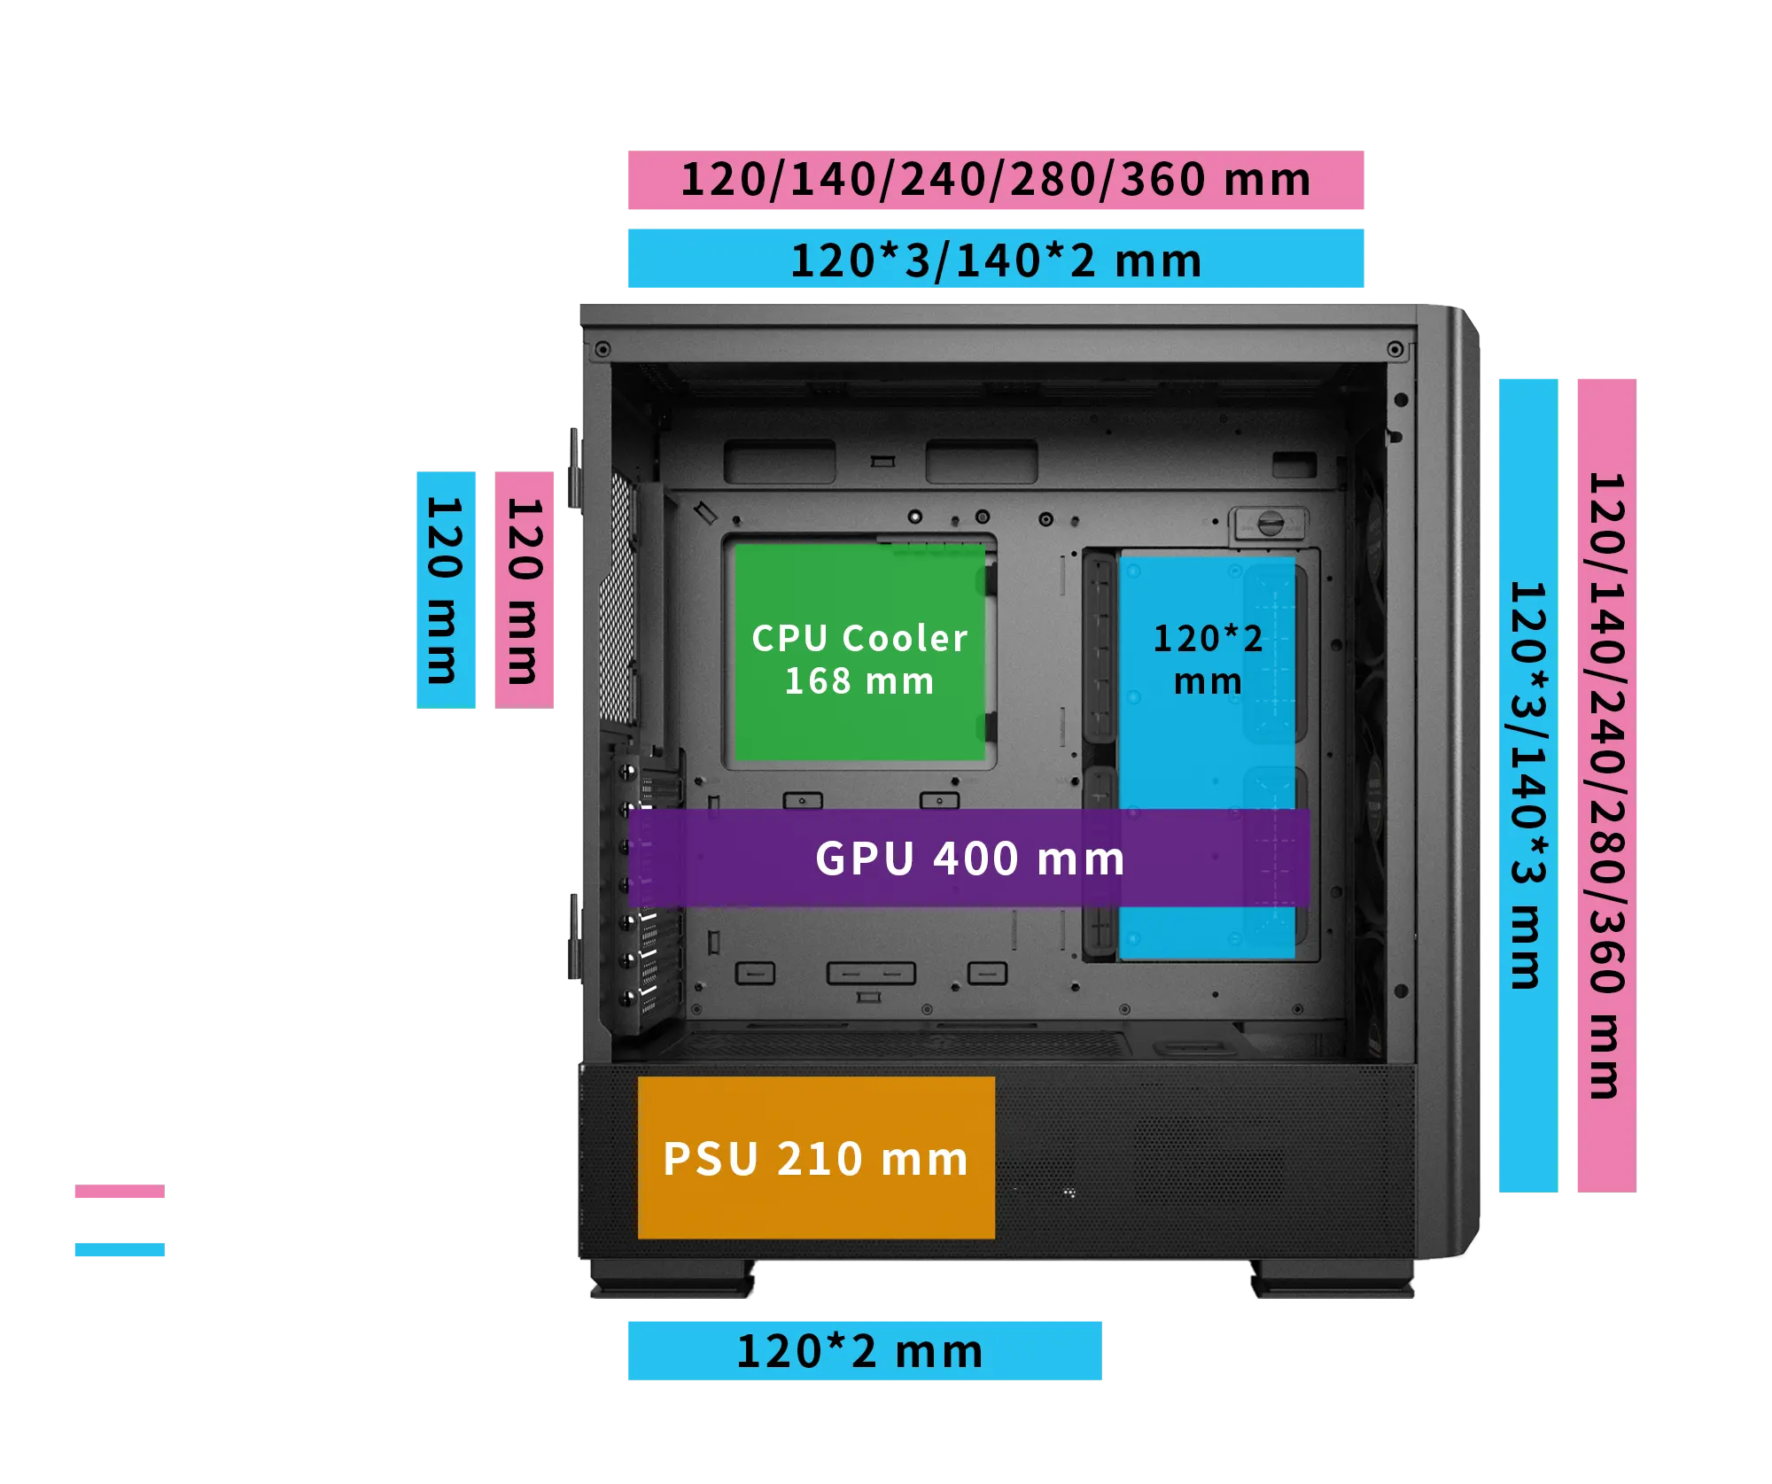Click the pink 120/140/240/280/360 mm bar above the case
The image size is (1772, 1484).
[x=995, y=181]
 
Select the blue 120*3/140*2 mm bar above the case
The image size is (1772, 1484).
[x=995, y=260]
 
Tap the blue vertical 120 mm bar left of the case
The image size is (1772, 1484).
[x=446, y=588]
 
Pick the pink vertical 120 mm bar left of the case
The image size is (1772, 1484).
[x=524, y=588]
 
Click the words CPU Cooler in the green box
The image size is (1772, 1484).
[x=859, y=638]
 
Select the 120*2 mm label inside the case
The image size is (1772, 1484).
[x=1208, y=659]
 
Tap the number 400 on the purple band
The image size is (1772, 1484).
[x=975, y=859]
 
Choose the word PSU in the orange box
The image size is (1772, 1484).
[x=711, y=1159]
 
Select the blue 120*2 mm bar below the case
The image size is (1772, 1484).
[x=864, y=1350]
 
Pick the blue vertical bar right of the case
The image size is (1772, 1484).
[x=1527, y=786]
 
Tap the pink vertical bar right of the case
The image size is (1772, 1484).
[x=1605, y=786]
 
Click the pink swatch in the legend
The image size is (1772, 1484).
[x=120, y=1193]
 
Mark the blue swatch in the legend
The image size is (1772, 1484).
[x=120, y=1249]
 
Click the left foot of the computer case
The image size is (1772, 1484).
[x=673, y=1283]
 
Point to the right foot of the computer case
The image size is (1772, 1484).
[x=1333, y=1283]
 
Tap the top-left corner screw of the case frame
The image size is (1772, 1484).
[x=602, y=348]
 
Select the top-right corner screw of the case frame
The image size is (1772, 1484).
[x=1394, y=350]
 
